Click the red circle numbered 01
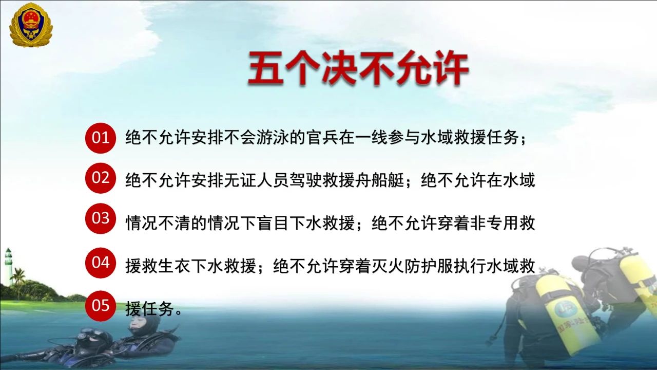[101, 138]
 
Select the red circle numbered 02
[101, 178]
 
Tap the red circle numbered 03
[101, 218]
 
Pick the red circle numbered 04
[101, 263]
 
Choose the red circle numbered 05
[101, 306]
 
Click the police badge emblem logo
[31, 25]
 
